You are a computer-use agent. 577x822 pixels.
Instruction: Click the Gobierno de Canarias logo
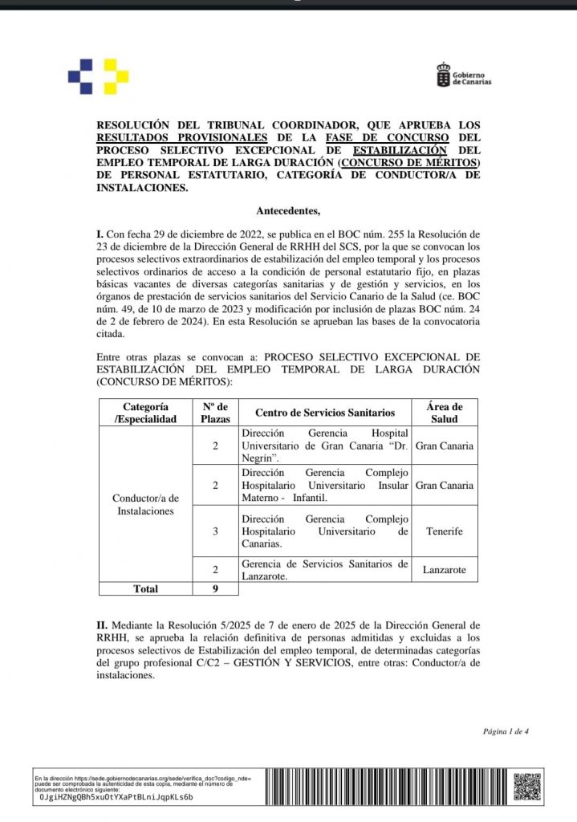click(x=463, y=75)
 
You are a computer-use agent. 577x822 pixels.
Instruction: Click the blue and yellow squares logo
click(x=98, y=76)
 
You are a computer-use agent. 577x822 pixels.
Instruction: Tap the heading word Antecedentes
click(x=287, y=211)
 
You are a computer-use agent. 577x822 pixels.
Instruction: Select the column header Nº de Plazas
click(x=215, y=413)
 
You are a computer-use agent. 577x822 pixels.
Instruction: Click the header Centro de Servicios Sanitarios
click(x=325, y=413)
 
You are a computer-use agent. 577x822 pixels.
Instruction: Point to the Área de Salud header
click(x=444, y=413)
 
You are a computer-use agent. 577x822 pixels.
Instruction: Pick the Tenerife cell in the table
click(x=444, y=531)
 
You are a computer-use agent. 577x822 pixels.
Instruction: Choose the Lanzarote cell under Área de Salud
click(x=444, y=570)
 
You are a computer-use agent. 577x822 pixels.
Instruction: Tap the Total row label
click(x=144, y=588)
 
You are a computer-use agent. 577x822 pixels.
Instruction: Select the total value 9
click(x=215, y=588)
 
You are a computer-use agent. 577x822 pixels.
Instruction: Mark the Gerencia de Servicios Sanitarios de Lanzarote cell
click(x=325, y=569)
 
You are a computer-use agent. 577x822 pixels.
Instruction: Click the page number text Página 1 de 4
click(x=506, y=731)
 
